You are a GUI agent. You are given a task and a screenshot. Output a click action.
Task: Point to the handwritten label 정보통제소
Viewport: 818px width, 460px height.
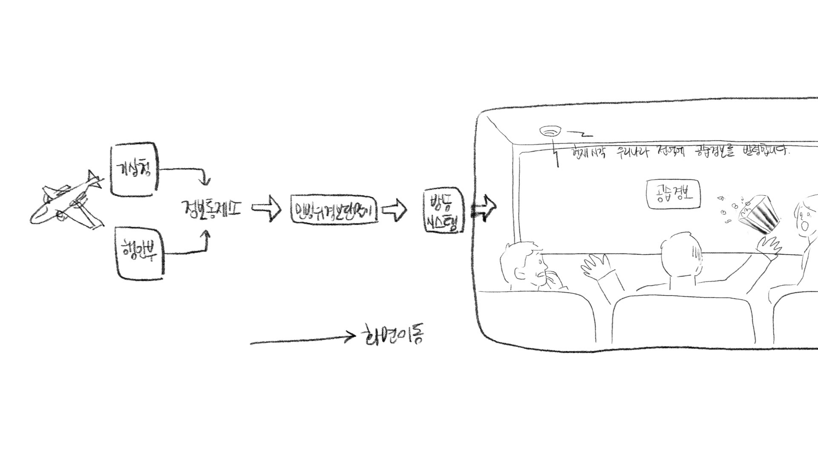coord(211,208)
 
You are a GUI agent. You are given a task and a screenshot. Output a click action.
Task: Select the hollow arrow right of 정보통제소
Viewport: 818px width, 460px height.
coord(266,209)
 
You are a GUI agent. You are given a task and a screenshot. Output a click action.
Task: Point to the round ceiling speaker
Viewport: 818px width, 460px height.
coord(550,131)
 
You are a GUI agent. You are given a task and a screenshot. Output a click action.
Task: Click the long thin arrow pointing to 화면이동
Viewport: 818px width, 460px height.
coord(302,340)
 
